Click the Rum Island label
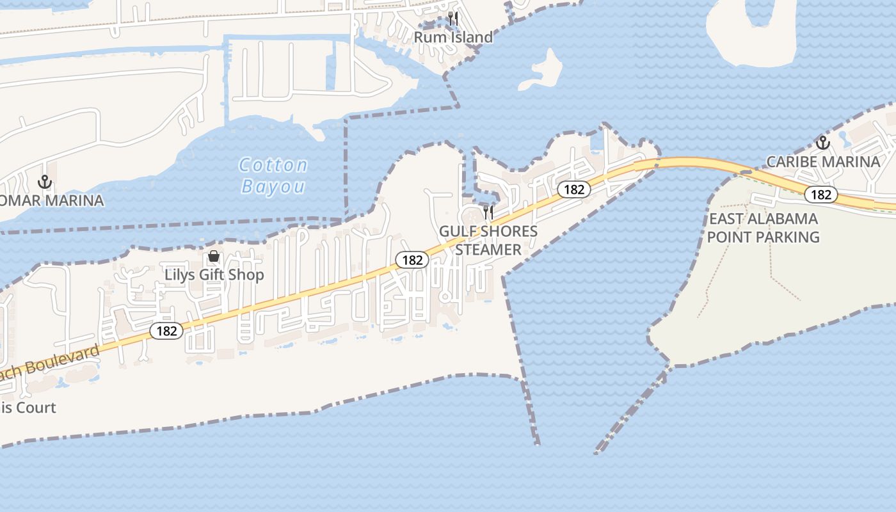coord(453,37)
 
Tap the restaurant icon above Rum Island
coord(453,18)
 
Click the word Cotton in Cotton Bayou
coord(273,165)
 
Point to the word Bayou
coord(273,186)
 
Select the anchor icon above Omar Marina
coord(45,182)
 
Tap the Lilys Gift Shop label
coord(214,275)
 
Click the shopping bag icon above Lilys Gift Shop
coord(214,257)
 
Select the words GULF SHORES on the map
coord(488,231)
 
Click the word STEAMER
coord(488,249)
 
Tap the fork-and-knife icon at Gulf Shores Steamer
coord(488,212)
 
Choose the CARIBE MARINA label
coord(823,161)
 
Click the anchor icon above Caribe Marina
coord(822,142)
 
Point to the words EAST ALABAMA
coord(764,219)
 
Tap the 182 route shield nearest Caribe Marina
coord(820,195)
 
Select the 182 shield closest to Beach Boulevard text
coord(166,331)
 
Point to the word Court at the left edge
coord(35,408)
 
